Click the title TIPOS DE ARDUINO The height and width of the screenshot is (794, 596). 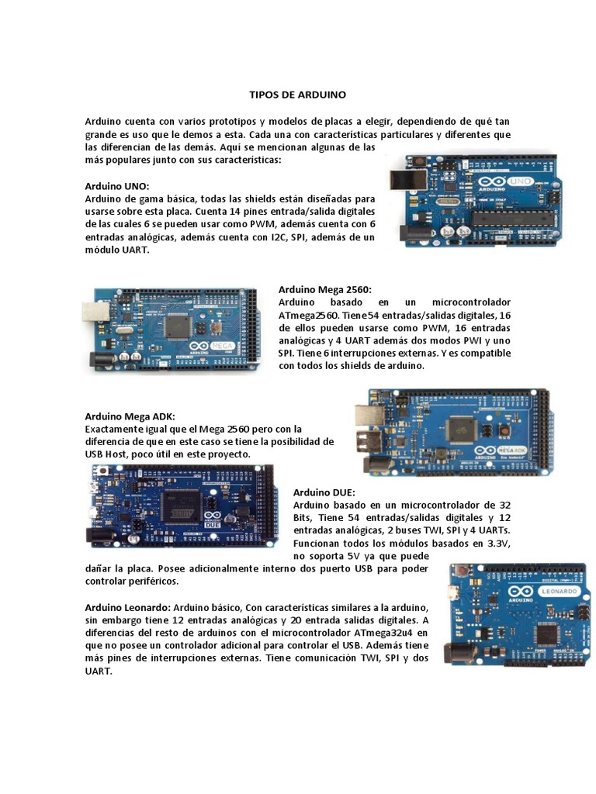[x=297, y=94]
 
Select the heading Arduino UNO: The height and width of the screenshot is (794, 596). [x=116, y=187]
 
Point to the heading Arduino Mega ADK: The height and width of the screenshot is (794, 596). [x=130, y=416]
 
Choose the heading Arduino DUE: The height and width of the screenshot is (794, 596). [x=324, y=492]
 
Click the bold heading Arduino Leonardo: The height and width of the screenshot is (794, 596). [x=127, y=606]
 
